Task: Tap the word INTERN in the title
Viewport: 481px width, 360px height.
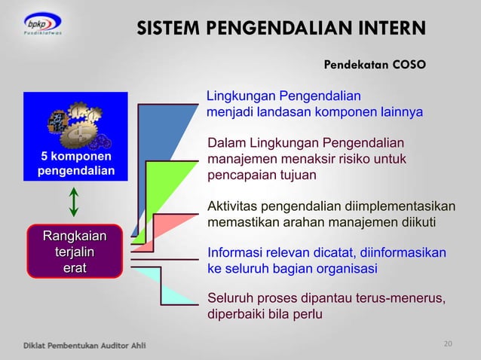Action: tap(391, 29)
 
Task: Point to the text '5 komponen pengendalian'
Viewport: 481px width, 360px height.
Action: tap(75, 163)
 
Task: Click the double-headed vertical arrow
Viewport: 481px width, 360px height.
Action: tap(74, 202)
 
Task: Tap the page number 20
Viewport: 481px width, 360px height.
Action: tap(449, 344)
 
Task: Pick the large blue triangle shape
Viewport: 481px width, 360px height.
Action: tap(155, 143)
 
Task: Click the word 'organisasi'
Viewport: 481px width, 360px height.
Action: tap(345, 269)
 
